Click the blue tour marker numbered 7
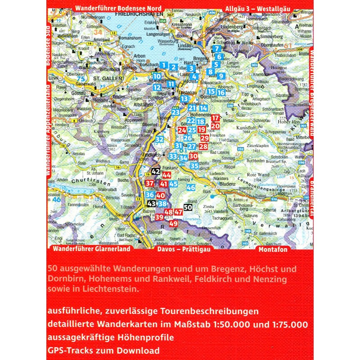[217, 49]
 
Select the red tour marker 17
[215, 118]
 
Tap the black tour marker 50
[189, 207]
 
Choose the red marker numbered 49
[174, 224]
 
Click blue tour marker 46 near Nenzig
[191, 188]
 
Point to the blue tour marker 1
[163, 67]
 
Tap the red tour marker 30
[193, 156]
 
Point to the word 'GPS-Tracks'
[67, 350]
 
